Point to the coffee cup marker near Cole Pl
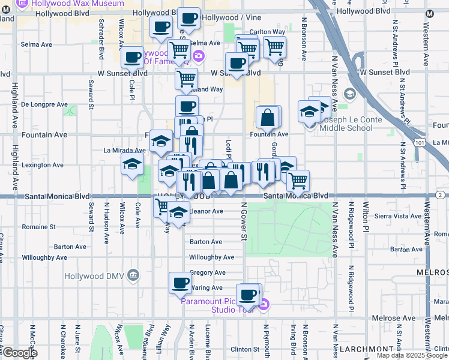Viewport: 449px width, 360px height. [132, 58]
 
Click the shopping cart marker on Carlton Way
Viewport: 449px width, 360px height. [274, 47]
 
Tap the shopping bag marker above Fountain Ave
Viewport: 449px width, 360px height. [268, 118]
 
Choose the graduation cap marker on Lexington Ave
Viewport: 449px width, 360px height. [132, 164]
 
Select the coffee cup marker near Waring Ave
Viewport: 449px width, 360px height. [180, 283]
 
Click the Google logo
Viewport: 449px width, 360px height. [20, 353]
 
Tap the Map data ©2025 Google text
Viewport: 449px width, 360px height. [411, 355]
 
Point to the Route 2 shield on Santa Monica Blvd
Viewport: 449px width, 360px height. [440, 195]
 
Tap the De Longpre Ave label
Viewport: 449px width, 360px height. [44, 104]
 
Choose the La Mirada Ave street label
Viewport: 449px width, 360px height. [124, 150]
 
